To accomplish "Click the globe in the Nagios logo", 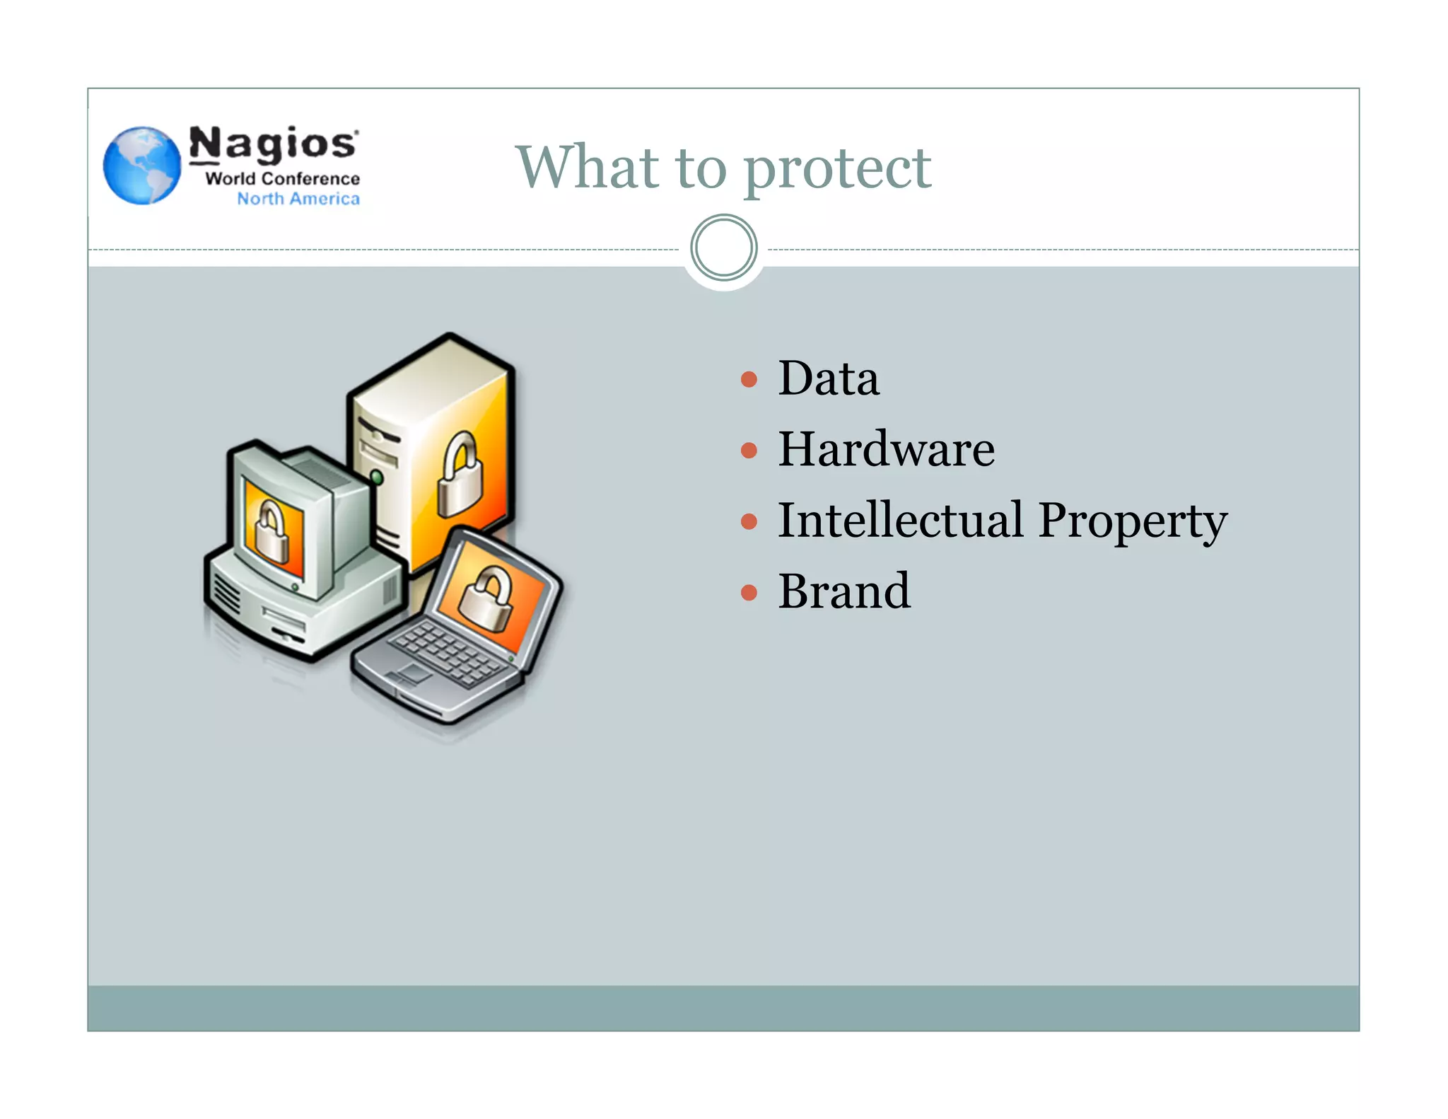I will (x=142, y=166).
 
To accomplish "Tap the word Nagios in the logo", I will (x=273, y=144).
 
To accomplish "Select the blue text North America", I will (x=298, y=199).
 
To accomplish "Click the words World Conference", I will (x=282, y=178).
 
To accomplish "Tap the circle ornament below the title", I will (x=723, y=248).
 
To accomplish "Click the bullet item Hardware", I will (x=886, y=449).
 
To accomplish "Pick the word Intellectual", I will (x=900, y=520).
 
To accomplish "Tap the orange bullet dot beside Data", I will (x=749, y=380).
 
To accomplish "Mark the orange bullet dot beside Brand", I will (x=749, y=592).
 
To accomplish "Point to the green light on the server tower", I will (x=377, y=477).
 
